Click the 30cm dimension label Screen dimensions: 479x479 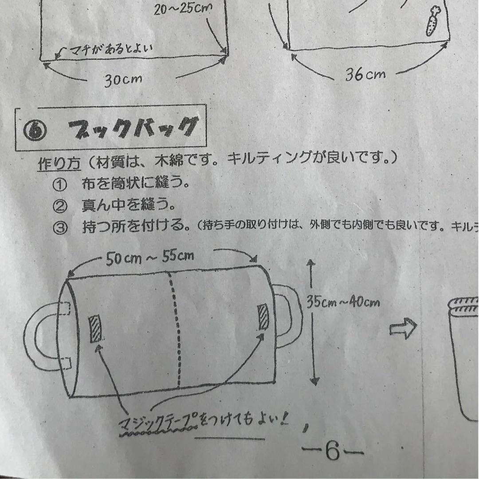click(x=123, y=80)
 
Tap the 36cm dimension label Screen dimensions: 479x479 click(x=365, y=75)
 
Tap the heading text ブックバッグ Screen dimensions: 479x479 click(x=132, y=128)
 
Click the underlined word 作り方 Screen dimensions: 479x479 click(x=58, y=164)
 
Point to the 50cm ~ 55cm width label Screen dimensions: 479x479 click(x=150, y=258)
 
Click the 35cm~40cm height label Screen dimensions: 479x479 click(x=343, y=302)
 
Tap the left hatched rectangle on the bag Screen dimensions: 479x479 click(x=95, y=329)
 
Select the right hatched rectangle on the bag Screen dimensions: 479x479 click(x=263, y=317)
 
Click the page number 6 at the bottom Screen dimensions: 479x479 click(x=332, y=452)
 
